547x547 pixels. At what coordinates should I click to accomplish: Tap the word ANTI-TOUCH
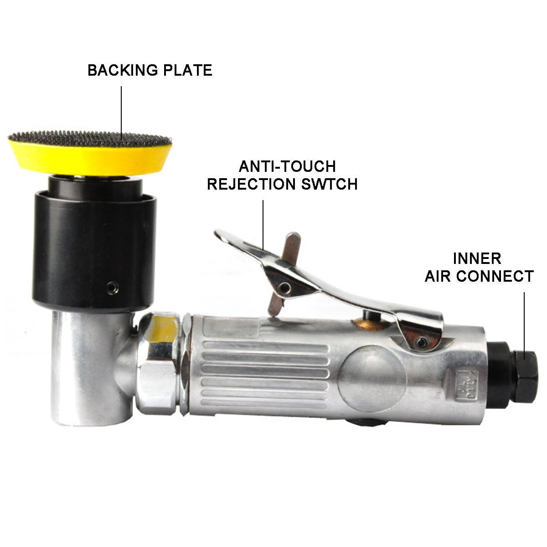coord(288,166)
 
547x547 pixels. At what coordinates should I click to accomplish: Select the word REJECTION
coord(251,184)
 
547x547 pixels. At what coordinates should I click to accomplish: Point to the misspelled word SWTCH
coord(329,184)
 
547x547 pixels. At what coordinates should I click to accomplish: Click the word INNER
coord(477,258)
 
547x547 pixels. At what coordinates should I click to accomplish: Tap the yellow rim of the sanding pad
coord(90,159)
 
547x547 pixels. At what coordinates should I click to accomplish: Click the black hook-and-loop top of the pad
coord(90,139)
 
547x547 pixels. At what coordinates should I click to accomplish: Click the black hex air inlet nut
coord(523,376)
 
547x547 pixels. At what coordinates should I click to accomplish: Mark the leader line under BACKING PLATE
coord(122,113)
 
